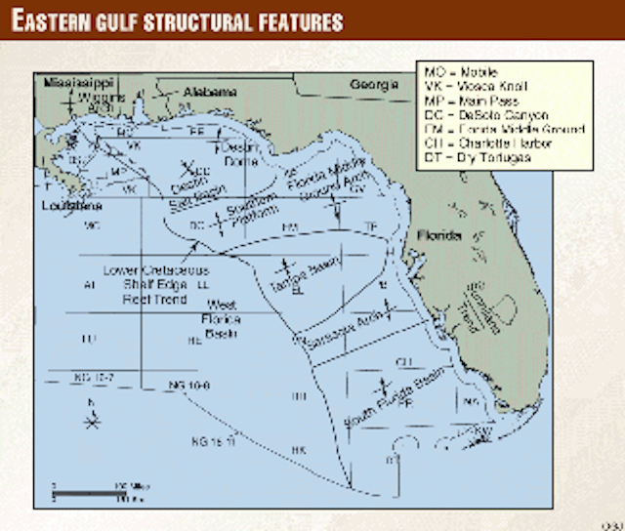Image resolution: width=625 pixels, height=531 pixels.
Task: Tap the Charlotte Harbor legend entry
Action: coord(488,143)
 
